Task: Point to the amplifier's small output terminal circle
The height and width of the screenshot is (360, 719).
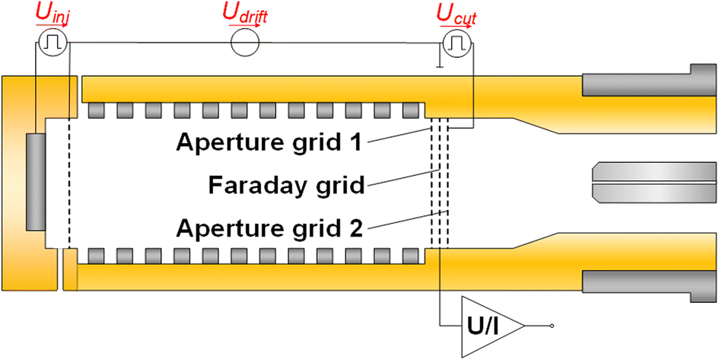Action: (552, 326)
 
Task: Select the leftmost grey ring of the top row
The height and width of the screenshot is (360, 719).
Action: (97, 111)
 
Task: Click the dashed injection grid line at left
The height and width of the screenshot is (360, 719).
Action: (69, 183)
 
